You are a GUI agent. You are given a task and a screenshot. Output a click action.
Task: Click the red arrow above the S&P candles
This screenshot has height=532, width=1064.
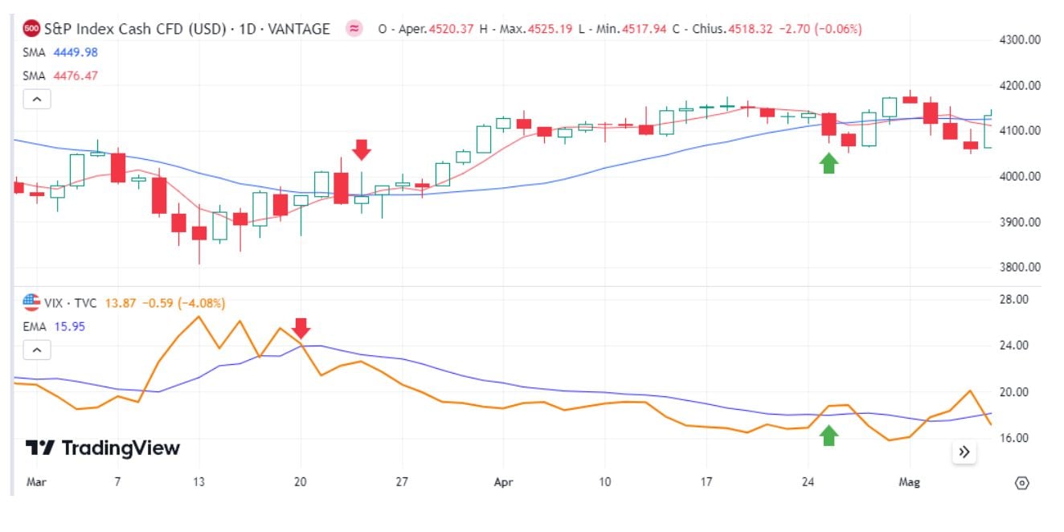361,149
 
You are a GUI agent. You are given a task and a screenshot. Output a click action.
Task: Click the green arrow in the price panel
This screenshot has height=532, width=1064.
829,163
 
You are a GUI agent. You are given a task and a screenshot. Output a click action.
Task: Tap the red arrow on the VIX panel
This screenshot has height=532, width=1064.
301,328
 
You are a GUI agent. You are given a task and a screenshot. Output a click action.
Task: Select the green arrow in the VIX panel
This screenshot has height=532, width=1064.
829,436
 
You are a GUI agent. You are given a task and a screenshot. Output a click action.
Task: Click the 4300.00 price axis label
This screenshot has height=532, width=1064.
1018,39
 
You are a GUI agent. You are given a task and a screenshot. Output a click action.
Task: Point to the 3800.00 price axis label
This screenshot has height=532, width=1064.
1018,268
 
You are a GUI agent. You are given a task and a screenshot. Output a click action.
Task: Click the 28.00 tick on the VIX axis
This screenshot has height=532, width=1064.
1014,300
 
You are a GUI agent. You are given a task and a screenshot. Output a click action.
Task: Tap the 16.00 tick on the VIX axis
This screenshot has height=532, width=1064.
1014,439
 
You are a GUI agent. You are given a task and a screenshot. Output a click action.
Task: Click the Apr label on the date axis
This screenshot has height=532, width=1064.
503,483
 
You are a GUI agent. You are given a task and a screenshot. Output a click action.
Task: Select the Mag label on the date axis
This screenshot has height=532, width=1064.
909,483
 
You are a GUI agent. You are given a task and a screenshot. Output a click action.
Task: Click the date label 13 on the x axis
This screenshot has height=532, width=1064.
198,483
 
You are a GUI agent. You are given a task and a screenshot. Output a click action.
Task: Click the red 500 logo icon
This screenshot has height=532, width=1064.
31,29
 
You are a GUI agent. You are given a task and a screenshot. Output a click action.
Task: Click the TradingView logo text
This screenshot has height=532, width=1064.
102,448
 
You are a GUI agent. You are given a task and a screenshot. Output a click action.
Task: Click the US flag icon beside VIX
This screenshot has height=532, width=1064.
31,303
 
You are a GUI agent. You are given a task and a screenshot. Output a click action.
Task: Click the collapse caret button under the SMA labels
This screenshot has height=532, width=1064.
37,100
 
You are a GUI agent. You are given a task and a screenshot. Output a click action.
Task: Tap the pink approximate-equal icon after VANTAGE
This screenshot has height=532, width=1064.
354,29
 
